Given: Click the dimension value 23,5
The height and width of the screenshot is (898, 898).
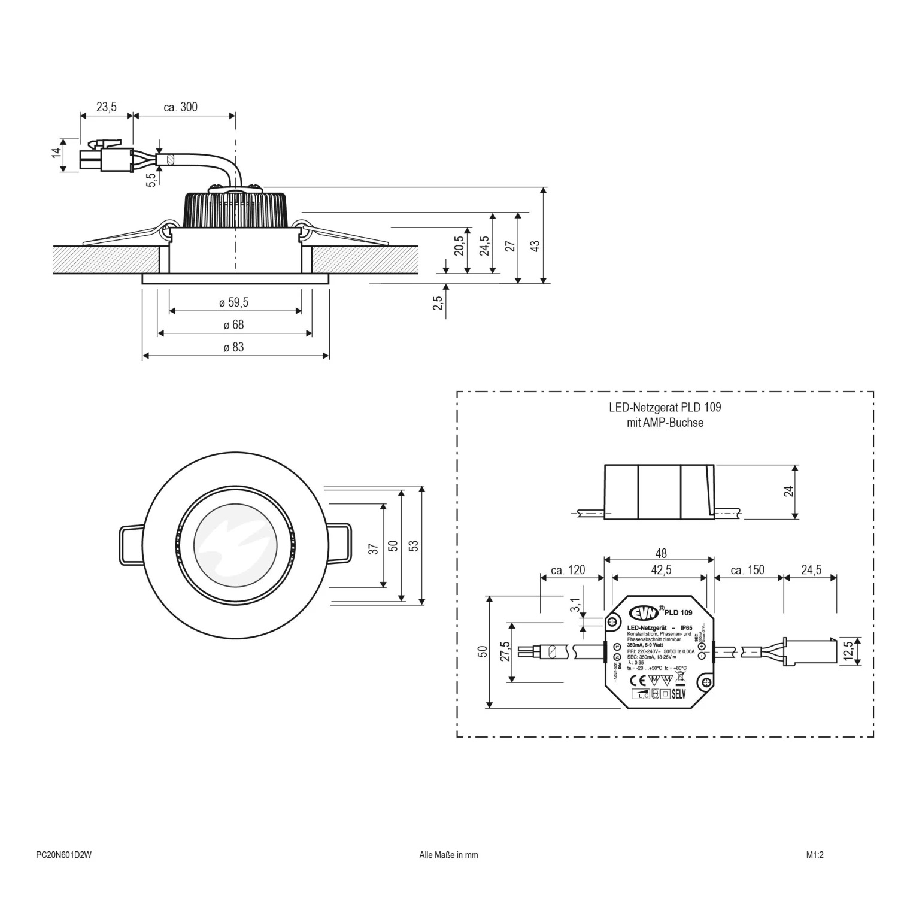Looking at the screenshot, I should coord(106,107).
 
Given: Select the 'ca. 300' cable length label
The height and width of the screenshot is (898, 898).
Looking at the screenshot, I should coord(180,107).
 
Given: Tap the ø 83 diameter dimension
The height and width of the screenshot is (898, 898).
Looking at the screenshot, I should coord(234,347).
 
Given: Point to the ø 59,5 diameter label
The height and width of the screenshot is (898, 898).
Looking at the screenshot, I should coord(233,303).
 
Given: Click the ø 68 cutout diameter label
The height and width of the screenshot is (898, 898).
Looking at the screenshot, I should coord(234,325).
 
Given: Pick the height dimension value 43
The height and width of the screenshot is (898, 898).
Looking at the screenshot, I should coord(535,245).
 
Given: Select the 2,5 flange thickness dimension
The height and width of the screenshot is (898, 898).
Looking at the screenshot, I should coord(438,302).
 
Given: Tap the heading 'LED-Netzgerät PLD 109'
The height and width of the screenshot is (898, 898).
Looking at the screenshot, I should coord(665,407).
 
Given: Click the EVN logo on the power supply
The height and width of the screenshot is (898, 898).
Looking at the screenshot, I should coord(643,612).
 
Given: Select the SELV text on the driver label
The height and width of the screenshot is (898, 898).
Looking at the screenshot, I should coord(678,694).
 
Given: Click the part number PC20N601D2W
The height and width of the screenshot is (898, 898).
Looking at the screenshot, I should coord(64,855).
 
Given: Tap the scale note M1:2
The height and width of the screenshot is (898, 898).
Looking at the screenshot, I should coord(815,855).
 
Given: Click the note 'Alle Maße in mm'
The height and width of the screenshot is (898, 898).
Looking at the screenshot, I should coord(448,855).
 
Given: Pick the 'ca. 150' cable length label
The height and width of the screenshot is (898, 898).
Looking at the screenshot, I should coord(747,570).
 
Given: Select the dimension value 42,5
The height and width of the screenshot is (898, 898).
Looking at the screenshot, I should coord(661,570).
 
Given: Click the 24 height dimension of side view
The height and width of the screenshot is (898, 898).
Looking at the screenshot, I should coord(789,491).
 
